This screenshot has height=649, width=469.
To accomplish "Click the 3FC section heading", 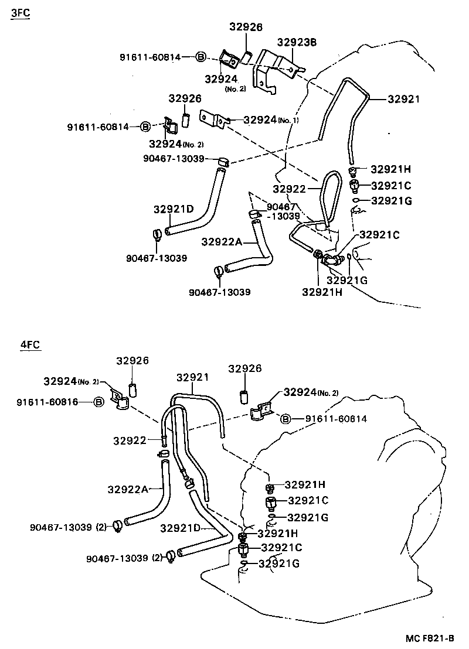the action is click(x=21, y=13).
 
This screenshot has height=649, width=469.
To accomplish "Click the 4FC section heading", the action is click(x=30, y=344).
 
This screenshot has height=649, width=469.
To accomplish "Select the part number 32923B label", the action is click(x=297, y=42).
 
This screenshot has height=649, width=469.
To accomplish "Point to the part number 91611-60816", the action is click(x=47, y=402).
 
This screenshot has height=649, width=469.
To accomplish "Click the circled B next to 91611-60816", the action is click(x=98, y=402).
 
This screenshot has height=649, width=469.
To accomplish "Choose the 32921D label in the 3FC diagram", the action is click(x=174, y=209).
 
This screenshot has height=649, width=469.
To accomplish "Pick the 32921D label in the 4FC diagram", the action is click(x=180, y=528).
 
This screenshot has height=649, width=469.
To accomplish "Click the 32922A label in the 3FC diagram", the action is click(x=222, y=241).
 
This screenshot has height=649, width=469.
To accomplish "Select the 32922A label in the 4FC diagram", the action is click(x=128, y=489).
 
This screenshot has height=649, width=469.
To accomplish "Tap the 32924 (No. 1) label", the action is click(x=271, y=119).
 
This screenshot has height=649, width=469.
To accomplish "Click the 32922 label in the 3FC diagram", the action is click(x=289, y=189).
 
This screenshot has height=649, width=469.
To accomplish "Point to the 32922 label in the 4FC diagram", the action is click(x=130, y=441).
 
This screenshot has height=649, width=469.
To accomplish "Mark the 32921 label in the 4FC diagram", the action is click(x=193, y=377).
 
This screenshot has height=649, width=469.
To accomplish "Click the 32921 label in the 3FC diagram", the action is click(x=404, y=99).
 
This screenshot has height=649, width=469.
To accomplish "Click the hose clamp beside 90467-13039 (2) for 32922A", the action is click(x=117, y=526).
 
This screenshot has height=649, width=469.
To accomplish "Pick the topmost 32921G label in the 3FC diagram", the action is click(x=392, y=201).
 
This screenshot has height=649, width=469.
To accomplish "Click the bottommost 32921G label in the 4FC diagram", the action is click(x=279, y=563).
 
